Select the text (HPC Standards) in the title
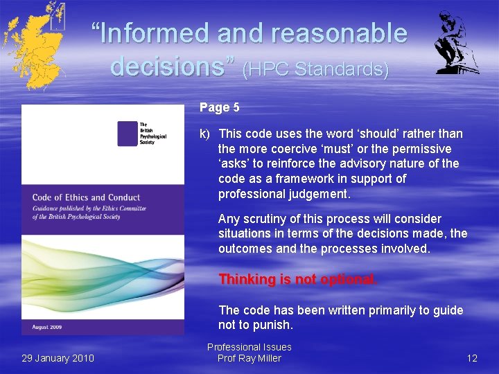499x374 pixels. click(315, 69)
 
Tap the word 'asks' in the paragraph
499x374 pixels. click(234, 163)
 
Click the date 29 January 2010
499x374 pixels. click(58, 358)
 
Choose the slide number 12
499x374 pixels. click(471, 358)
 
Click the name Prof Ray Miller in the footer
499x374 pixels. click(249, 358)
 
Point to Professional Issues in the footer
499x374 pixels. click(249, 347)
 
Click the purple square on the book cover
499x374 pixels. click(127, 133)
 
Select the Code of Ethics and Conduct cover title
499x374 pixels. click(86, 198)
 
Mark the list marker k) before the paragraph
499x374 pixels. click(205, 134)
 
